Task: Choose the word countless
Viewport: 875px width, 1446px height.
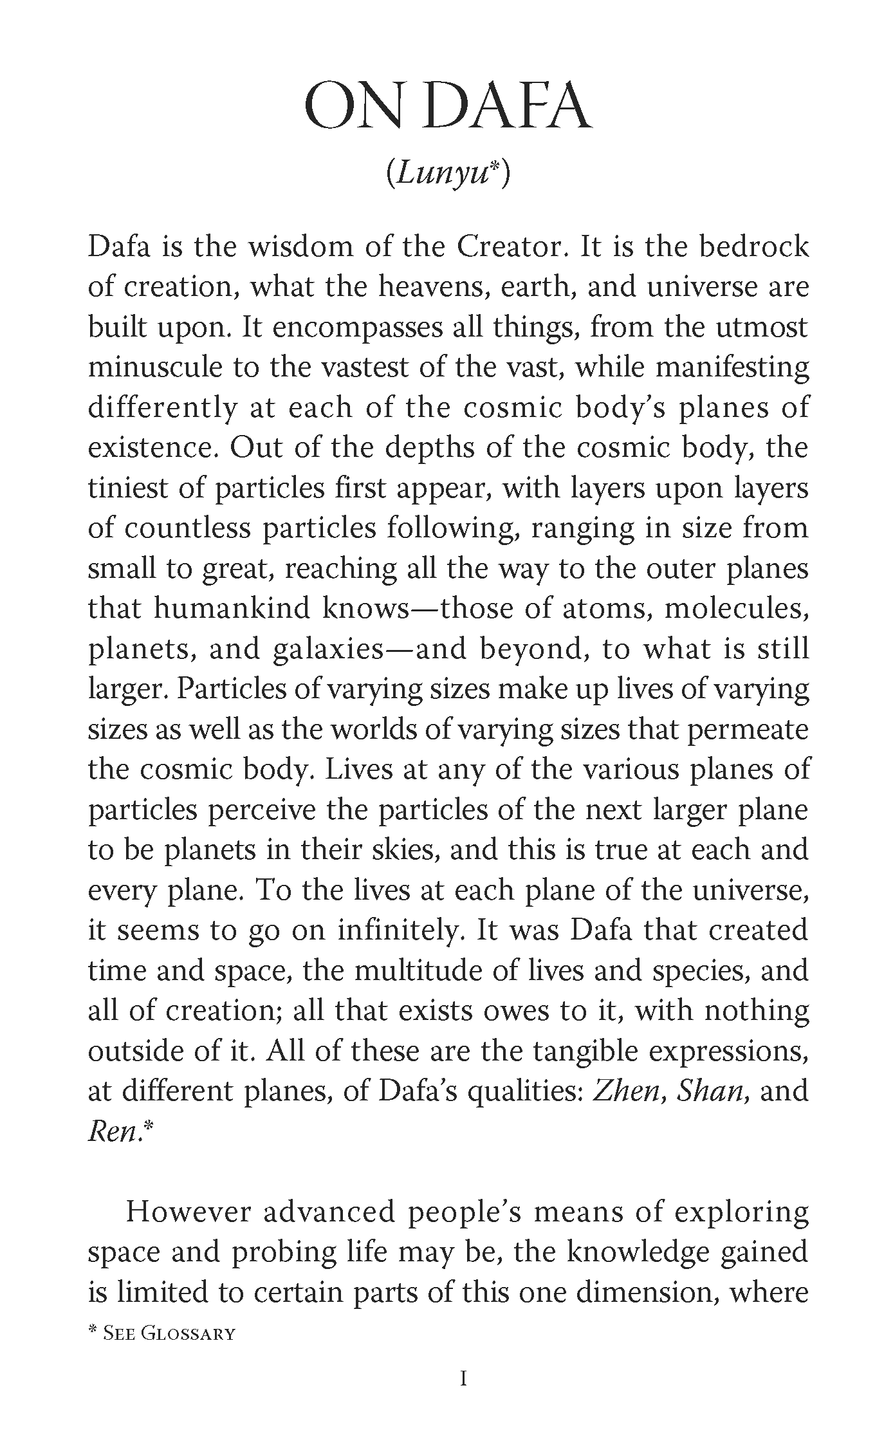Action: tap(187, 528)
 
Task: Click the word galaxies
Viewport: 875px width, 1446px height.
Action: tap(328, 649)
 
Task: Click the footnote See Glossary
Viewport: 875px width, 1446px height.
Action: tap(161, 1333)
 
